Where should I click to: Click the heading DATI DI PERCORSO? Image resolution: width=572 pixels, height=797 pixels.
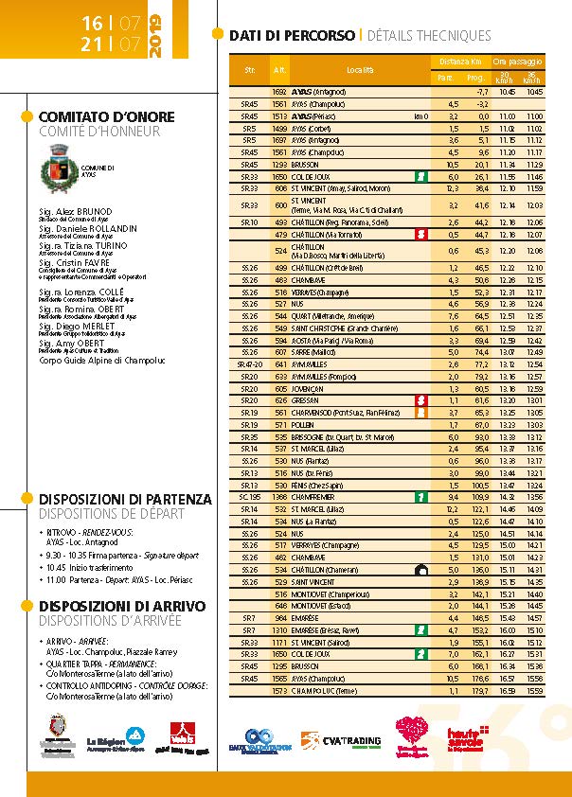point(292,36)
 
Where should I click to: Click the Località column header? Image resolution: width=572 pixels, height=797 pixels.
point(360,70)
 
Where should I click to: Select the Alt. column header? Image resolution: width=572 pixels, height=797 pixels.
point(279,70)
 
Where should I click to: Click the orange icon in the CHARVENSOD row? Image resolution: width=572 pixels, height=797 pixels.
point(419,414)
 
